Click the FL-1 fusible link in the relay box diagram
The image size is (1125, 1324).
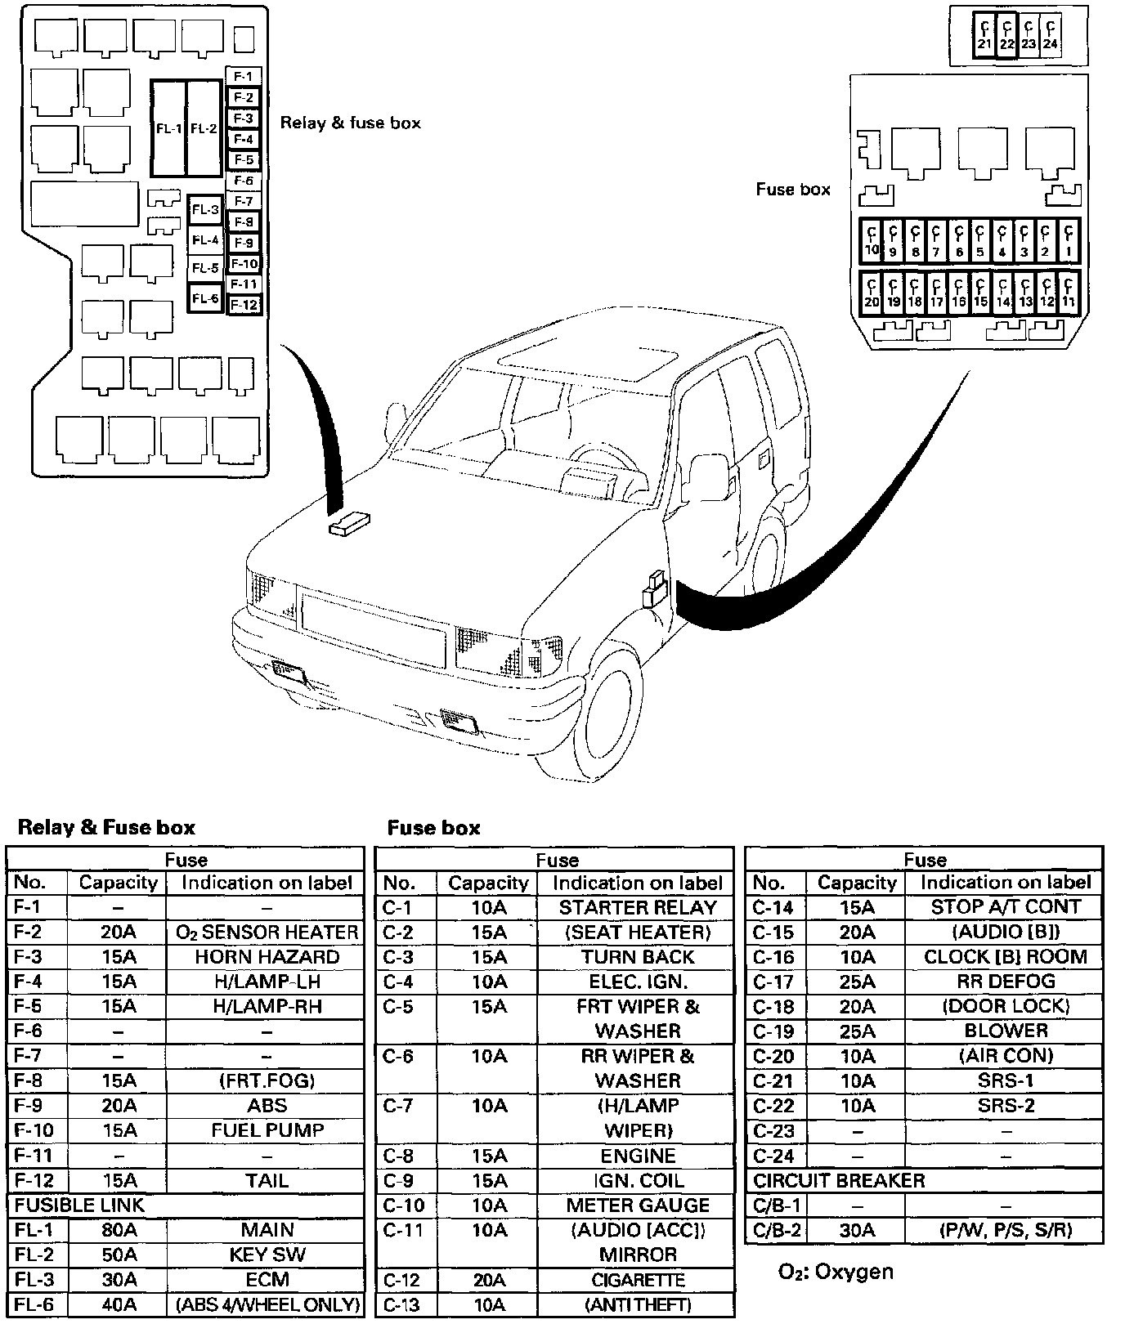point(168,128)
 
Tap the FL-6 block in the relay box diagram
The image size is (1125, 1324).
point(204,298)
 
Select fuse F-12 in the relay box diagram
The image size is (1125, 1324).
point(244,305)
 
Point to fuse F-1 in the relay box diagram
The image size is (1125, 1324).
point(243,76)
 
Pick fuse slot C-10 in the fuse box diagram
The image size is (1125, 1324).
point(872,242)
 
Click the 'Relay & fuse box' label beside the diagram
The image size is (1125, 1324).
point(350,123)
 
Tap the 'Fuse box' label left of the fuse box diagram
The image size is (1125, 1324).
point(792,190)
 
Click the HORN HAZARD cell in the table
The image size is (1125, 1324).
point(267,957)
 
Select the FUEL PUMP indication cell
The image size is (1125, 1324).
point(267,1130)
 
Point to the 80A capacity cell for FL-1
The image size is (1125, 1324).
point(119,1230)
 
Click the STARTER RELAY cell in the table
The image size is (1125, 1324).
point(637,907)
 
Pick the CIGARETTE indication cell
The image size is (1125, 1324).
point(637,1280)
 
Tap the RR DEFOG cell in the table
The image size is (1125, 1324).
point(1006,982)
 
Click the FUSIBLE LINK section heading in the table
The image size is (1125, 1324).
point(79,1205)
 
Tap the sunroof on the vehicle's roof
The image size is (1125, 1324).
point(589,360)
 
